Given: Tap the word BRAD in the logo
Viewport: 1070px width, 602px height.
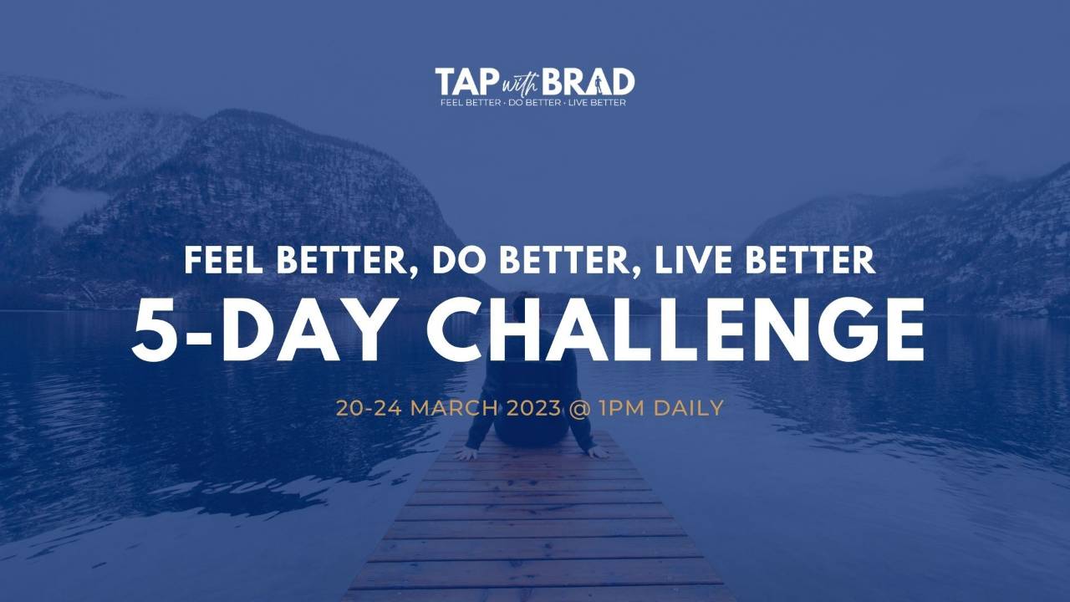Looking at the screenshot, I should (x=588, y=83).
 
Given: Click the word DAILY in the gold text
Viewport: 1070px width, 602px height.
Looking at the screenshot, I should (x=688, y=409).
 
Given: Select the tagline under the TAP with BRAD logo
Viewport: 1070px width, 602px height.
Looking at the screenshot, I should (x=534, y=103).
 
